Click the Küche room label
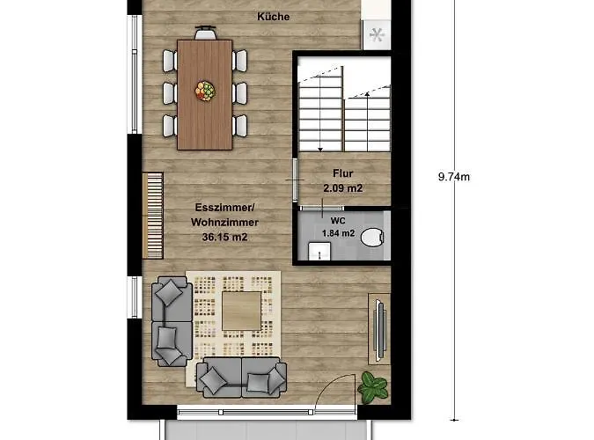click(273, 17)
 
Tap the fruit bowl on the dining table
click(205, 91)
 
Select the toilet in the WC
click(372, 238)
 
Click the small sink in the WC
click(319, 252)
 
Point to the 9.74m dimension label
click(454, 177)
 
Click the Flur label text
click(343, 173)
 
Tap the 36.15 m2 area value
click(224, 238)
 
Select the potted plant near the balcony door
click(373, 387)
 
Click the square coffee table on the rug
click(242, 311)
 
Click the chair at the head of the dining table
click(206, 33)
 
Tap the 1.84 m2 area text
click(338, 233)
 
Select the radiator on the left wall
click(152, 216)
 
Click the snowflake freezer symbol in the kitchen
click(377, 35)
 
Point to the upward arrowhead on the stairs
click(367, 94)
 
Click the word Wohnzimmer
click(224, 223)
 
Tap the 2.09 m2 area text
click(343, 188)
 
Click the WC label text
click(338, 221)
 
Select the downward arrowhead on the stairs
click(320, 150)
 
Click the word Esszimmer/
click(225, 208)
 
